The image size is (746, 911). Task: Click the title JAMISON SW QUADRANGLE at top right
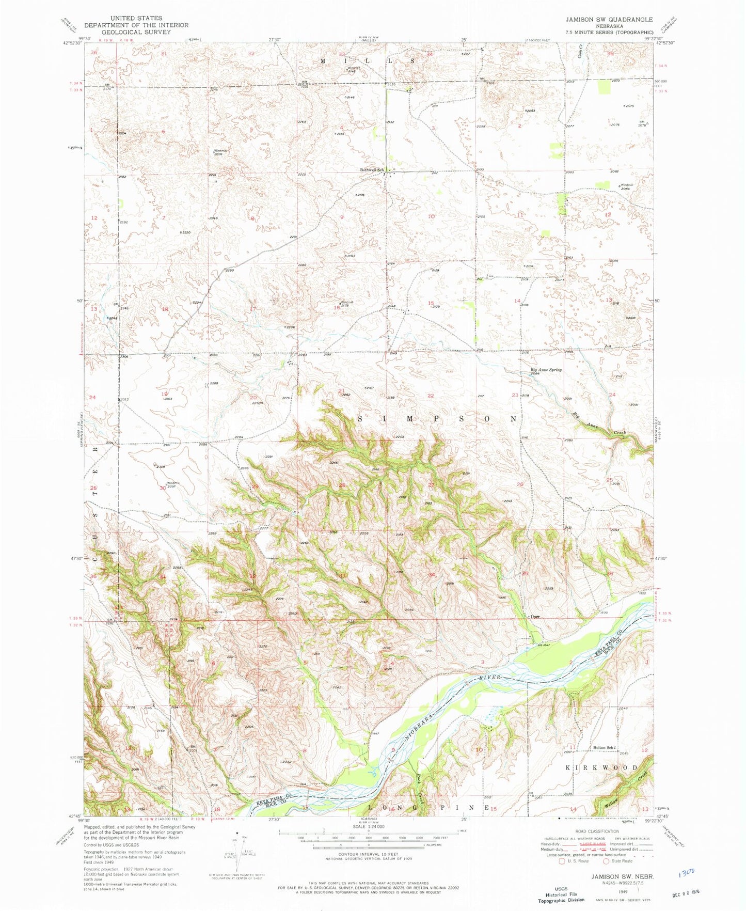point(609,19)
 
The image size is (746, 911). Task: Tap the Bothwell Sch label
point(372,169)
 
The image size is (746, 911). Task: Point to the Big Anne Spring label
point(546,370)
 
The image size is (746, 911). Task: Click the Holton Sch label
point(603,747)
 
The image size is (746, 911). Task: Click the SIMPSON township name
point(436,419)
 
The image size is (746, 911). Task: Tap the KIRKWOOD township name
point(602,767)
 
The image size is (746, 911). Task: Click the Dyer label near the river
point(535,616)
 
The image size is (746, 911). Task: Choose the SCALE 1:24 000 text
point(368,827)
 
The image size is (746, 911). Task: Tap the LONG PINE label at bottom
point(428,807)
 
